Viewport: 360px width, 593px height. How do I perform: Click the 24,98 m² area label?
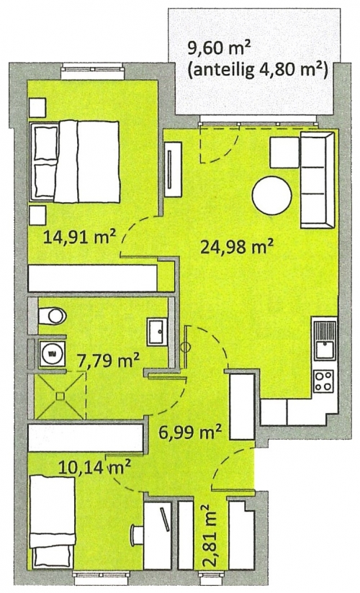point(237,248)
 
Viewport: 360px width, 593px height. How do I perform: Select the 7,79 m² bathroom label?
point(108,361)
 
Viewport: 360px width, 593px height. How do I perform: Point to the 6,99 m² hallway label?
point(189,431)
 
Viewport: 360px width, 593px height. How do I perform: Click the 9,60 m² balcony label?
point(220,49)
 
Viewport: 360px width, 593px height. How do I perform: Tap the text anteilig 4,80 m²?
point(258,69)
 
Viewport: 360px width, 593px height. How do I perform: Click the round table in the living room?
point(271,196)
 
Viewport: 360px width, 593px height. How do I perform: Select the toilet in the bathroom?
point(53,316)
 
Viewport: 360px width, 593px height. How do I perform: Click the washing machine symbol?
point(50,353)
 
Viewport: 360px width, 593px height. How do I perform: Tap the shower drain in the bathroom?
point(60,396)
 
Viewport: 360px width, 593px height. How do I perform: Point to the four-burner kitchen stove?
point(325,381)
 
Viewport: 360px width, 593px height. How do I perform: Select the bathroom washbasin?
point(157,332)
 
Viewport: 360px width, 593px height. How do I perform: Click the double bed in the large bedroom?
point(75,161)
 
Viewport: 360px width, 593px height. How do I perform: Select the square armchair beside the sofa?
point(284,153)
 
